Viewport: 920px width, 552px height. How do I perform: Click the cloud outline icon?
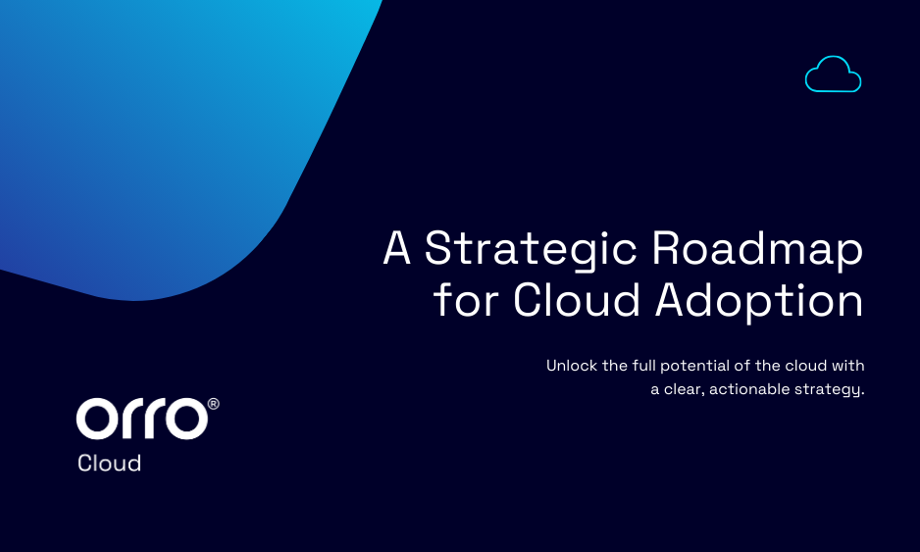coord(833,89)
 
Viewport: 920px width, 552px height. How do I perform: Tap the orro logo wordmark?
coord(142,419)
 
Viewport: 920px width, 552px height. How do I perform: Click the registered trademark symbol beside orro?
coord(214,404)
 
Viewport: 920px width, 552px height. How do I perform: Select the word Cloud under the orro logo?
coord(109,464)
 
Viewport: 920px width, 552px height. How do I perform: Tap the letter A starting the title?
coord(396,247)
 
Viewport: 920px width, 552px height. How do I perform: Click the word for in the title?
coord(466,300)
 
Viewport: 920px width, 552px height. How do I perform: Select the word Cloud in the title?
coord(577,300)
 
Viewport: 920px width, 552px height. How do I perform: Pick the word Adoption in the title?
coord(759,302)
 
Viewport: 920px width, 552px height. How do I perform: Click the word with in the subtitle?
coord(847,366)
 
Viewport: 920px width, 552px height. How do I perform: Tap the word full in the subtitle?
coord(643,366)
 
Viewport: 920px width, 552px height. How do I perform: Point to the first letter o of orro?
coord(97,419)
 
